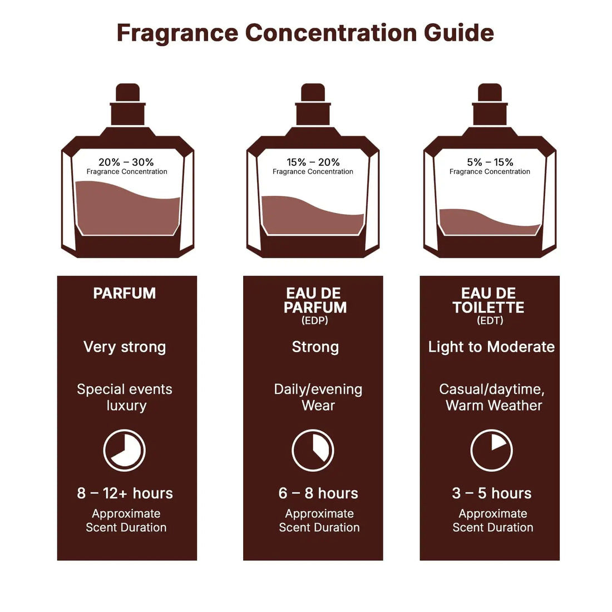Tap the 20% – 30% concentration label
point(126,162)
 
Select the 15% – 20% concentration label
point(313,162)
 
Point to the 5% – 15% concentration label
point(490,162)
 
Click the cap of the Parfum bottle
point(127,106)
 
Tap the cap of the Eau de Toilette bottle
point(490,106)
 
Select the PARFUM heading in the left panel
point(125,294)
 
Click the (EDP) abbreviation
point(315,320)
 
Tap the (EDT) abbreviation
point(490,320)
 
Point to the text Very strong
point(125,347)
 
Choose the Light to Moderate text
point(491,347)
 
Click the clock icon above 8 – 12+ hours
point(125,450)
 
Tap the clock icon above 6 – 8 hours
point(313,450)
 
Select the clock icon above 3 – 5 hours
point(491,450)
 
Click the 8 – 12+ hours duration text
point(125,493)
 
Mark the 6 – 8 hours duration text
point(318,493)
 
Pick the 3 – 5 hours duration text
point(491,493)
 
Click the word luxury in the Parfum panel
point(126,406)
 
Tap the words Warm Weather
point(493,406)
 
